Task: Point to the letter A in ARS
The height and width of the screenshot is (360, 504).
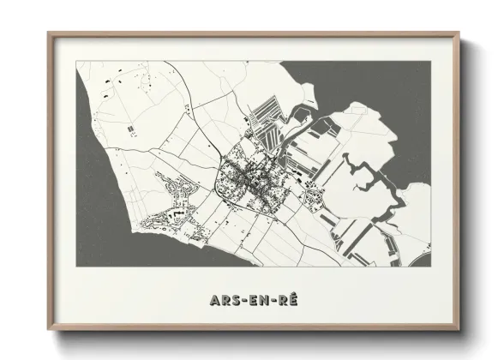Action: pyautogui.click(x=213, y=302)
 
